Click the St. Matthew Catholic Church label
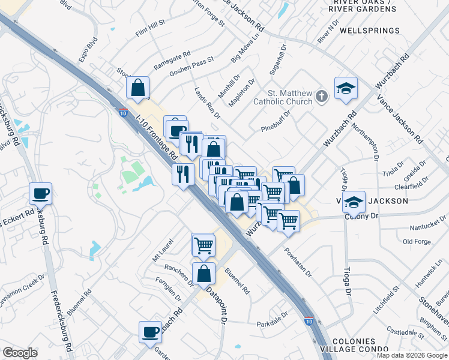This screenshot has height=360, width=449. (290, 97)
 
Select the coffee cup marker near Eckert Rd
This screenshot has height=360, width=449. (41, 194)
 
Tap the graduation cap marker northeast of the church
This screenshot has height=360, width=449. (346, 88)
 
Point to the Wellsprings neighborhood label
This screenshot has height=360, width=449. (369, 31)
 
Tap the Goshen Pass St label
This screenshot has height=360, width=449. (191, 69)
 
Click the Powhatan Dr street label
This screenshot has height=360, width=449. (298, 262)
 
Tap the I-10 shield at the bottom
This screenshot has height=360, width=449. (309, 322)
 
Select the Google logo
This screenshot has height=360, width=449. (20, 352)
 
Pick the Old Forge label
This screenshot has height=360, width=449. (417, 242)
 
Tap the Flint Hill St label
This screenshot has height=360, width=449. (150, 28)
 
